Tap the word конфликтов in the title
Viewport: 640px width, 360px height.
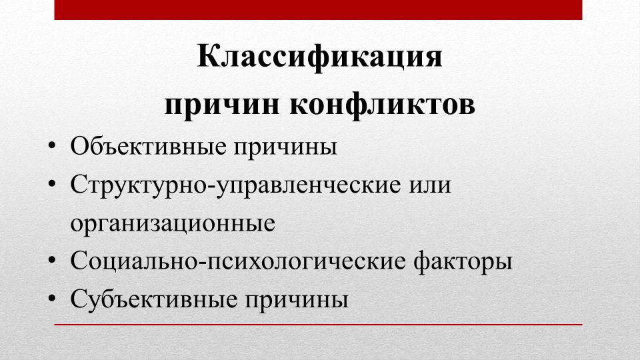click(x=382, y=105)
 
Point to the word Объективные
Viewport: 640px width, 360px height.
click(x=148, y=146)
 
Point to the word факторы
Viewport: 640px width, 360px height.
click(x=463, y=263)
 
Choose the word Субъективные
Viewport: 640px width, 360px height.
click(x=154, y=299)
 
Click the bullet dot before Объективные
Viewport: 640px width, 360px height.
click(x=51, y=145)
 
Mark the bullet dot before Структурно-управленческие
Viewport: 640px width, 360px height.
click(x=51, y=184)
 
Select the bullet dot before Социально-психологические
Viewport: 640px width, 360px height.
click(x=51, y=260)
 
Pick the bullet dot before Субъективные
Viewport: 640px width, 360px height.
click(x=51, y=299)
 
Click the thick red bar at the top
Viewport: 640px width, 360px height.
click(x=319, y=10)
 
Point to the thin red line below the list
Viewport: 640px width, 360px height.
click(x=319, y=325)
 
